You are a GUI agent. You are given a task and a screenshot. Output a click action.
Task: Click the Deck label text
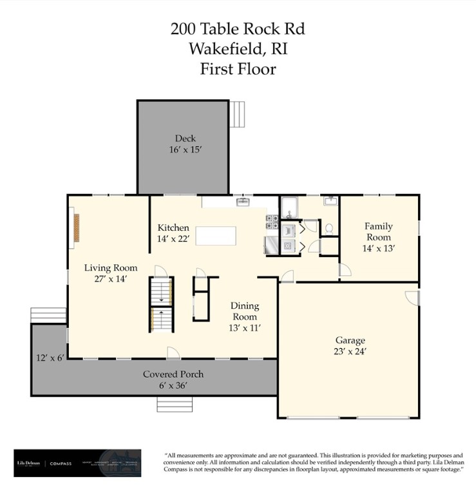[x=185, y=138]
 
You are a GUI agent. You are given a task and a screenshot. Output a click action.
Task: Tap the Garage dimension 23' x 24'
[x=350, y=351]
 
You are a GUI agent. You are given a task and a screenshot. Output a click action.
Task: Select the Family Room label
[x=378, y=231]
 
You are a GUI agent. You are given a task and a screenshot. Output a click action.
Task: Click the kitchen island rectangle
[x=216, y=235]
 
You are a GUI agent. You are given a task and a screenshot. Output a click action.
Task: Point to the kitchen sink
[x=243, y=202]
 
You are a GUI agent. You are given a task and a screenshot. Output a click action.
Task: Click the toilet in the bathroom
[x=329, y=228]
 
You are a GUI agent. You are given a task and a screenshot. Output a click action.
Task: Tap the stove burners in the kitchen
[x=271, y=222]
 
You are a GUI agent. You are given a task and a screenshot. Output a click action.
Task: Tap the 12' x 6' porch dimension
[x=50, y=358]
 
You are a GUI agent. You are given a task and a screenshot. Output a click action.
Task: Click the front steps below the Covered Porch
[x=175, y=403]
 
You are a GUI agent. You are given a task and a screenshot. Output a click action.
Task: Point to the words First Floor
[x=238, y=68]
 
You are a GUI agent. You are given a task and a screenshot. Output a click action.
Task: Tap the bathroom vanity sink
[x=331, y=202]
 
